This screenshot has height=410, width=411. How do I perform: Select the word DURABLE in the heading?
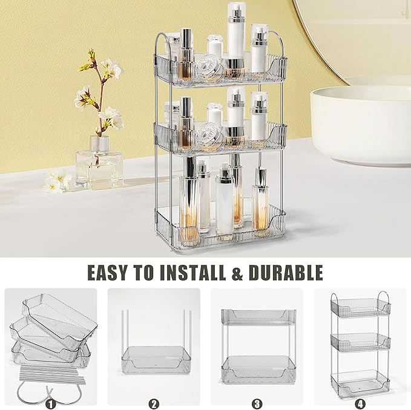tap(285, 272)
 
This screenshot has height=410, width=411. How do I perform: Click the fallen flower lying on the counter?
tap(58, 181)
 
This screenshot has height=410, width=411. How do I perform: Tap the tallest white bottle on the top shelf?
tap(235, 36)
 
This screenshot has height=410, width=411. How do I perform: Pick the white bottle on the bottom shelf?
tap(225, 203)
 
